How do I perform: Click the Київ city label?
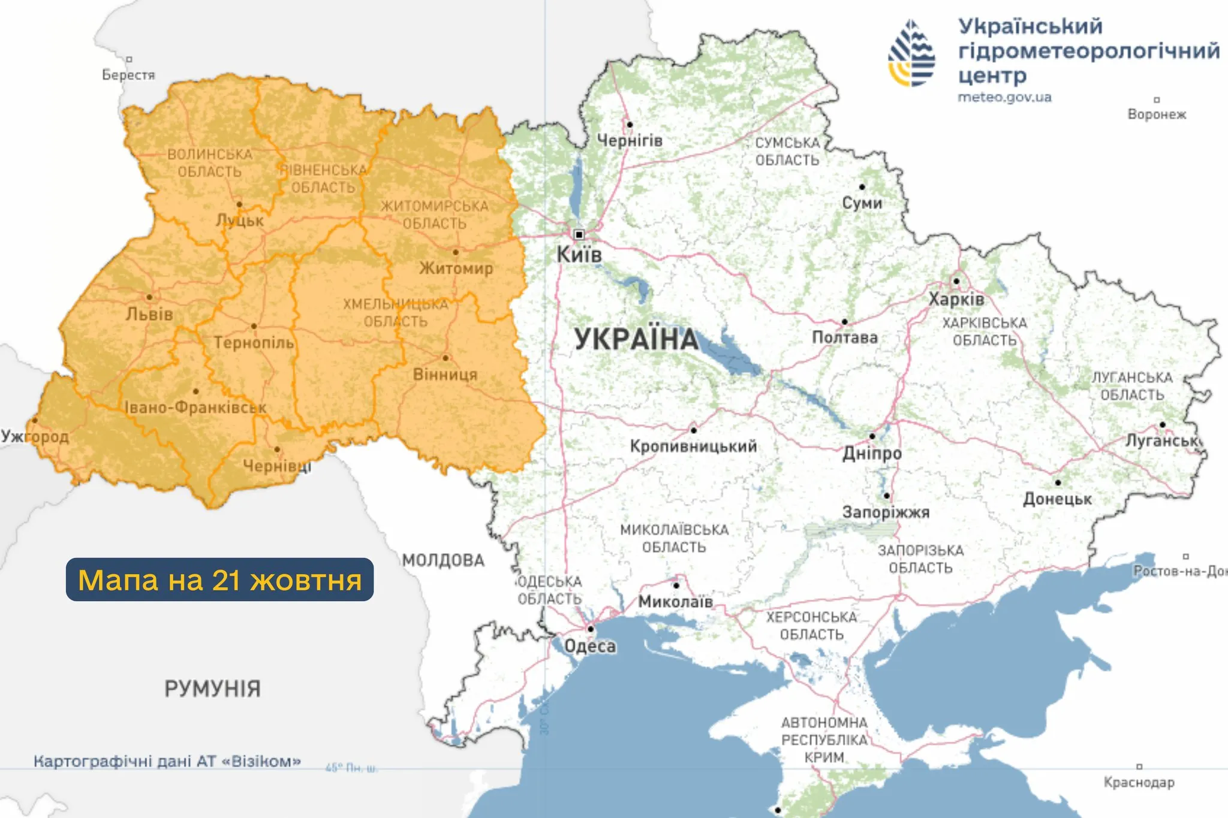click(x=579, y=255)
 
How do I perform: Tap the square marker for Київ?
click(x=579, y=234)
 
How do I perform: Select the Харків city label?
click(x=956, y=299)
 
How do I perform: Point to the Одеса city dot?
click(x=591, y=629)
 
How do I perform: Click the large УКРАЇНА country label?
click(x=637, y=339)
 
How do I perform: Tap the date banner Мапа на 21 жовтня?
click(x=219, y=579)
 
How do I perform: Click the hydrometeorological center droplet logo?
click(x=911, y=53)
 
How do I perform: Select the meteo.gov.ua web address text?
click(x=1004, y=97)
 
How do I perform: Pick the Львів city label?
click(x=149, y=314)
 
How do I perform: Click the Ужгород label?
click(x=35, y=436)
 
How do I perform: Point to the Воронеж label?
click(x=1157, y=114)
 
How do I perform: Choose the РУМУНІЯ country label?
click(x=212, y=689)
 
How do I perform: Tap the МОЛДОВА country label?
click(x=443, y=560)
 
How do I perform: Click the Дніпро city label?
click(x=872, y=453)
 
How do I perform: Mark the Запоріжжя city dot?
click(x=886, y=496)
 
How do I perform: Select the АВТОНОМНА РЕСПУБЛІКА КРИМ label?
click(x=824, y=739)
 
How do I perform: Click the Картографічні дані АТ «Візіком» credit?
click(x=167, y=761)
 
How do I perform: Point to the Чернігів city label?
click(x=630, y=141)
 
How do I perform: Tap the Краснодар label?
click(x=1139, y=782)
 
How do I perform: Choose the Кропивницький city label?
click(x=693, y=446)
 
